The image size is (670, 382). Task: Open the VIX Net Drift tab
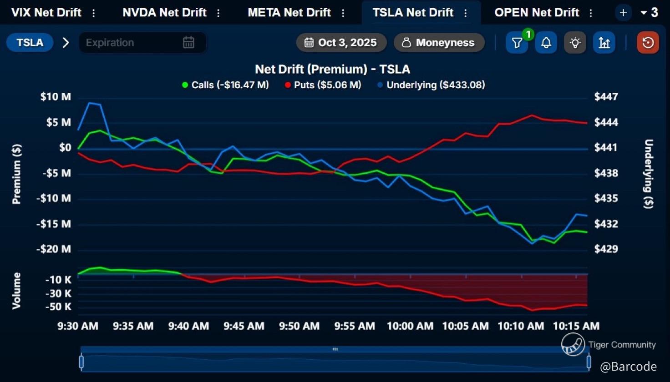(x=46, y=12)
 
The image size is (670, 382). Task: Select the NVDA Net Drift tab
(x=164, y=12)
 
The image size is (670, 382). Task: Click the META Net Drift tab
(x=289, y=12)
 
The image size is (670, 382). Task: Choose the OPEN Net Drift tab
(x=537, y=12)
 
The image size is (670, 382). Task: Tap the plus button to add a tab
(x=623, y=13)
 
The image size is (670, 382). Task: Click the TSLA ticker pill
(x=30, y=43)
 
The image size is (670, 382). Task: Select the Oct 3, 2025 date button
(x=341, y=43)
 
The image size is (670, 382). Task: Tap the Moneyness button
(x=439, y=43)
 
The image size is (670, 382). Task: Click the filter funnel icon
(x=517, y=43)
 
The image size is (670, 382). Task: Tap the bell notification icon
(x=546, y=43)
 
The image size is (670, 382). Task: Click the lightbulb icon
(x=575, y=43)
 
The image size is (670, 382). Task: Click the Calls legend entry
(x=226, y=85)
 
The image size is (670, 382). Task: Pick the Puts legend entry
(x=323, y=85)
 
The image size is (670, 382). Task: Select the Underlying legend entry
(x=431, y=85)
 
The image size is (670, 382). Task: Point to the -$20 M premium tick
(x=54, y=249)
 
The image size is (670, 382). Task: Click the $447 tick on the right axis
(x=606, y=96)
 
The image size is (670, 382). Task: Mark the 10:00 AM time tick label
(x=410, y=326)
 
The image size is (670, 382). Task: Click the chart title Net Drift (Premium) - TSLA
(x=332, y=69)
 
